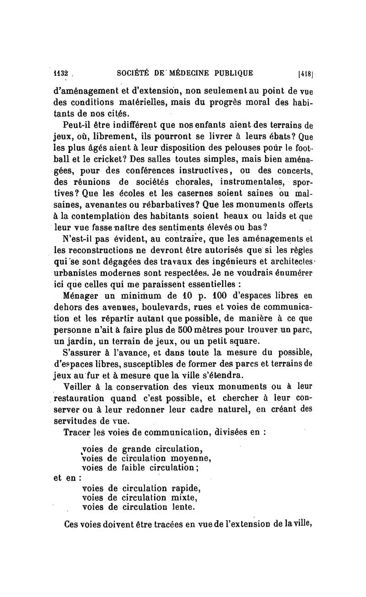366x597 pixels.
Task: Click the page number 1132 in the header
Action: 60,72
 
